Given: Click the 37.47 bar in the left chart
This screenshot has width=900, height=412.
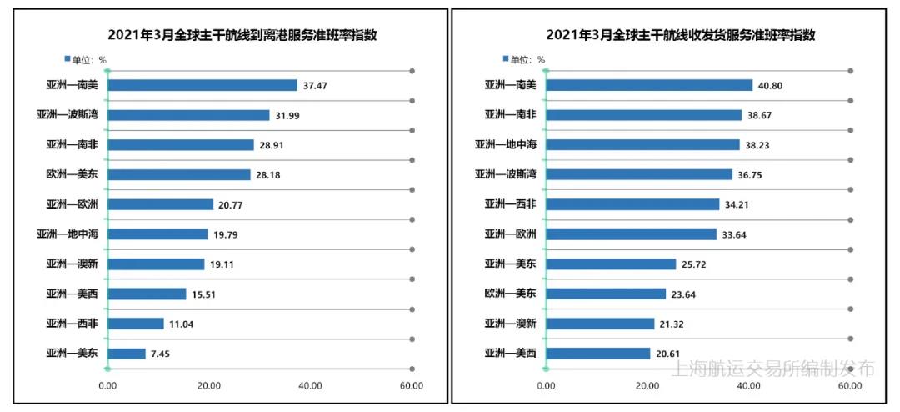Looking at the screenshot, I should click(x=202, y=85).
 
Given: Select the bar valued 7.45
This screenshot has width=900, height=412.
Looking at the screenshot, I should click(x=127, y=354).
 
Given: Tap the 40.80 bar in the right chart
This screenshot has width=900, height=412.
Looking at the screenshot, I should click(x=649, y=85).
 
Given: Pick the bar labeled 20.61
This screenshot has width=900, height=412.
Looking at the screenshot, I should click(x=597, y=354).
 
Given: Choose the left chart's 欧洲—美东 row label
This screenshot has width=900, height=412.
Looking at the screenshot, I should click(x=72, y=174).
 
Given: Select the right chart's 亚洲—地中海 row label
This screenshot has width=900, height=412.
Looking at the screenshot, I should click(x=506, y=145).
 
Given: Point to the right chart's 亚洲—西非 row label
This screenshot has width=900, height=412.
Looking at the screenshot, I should click(x=510, y=204).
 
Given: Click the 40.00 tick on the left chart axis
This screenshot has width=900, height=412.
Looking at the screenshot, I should click(x=310, y=386).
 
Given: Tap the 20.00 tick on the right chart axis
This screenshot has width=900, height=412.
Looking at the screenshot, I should click(x=647, y=386).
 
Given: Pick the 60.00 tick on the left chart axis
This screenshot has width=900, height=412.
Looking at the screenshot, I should click(x=411, y=386).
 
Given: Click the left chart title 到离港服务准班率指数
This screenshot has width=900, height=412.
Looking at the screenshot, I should click(x=242, y=35).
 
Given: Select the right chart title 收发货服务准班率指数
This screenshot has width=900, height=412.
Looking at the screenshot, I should click(x=680, y=35).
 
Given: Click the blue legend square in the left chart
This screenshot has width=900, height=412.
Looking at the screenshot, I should click(x=67, y=58).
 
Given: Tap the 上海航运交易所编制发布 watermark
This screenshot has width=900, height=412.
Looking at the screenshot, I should click(x=772, y=369).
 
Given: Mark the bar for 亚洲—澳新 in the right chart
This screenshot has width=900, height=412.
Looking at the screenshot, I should click(x=600, y=324).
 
